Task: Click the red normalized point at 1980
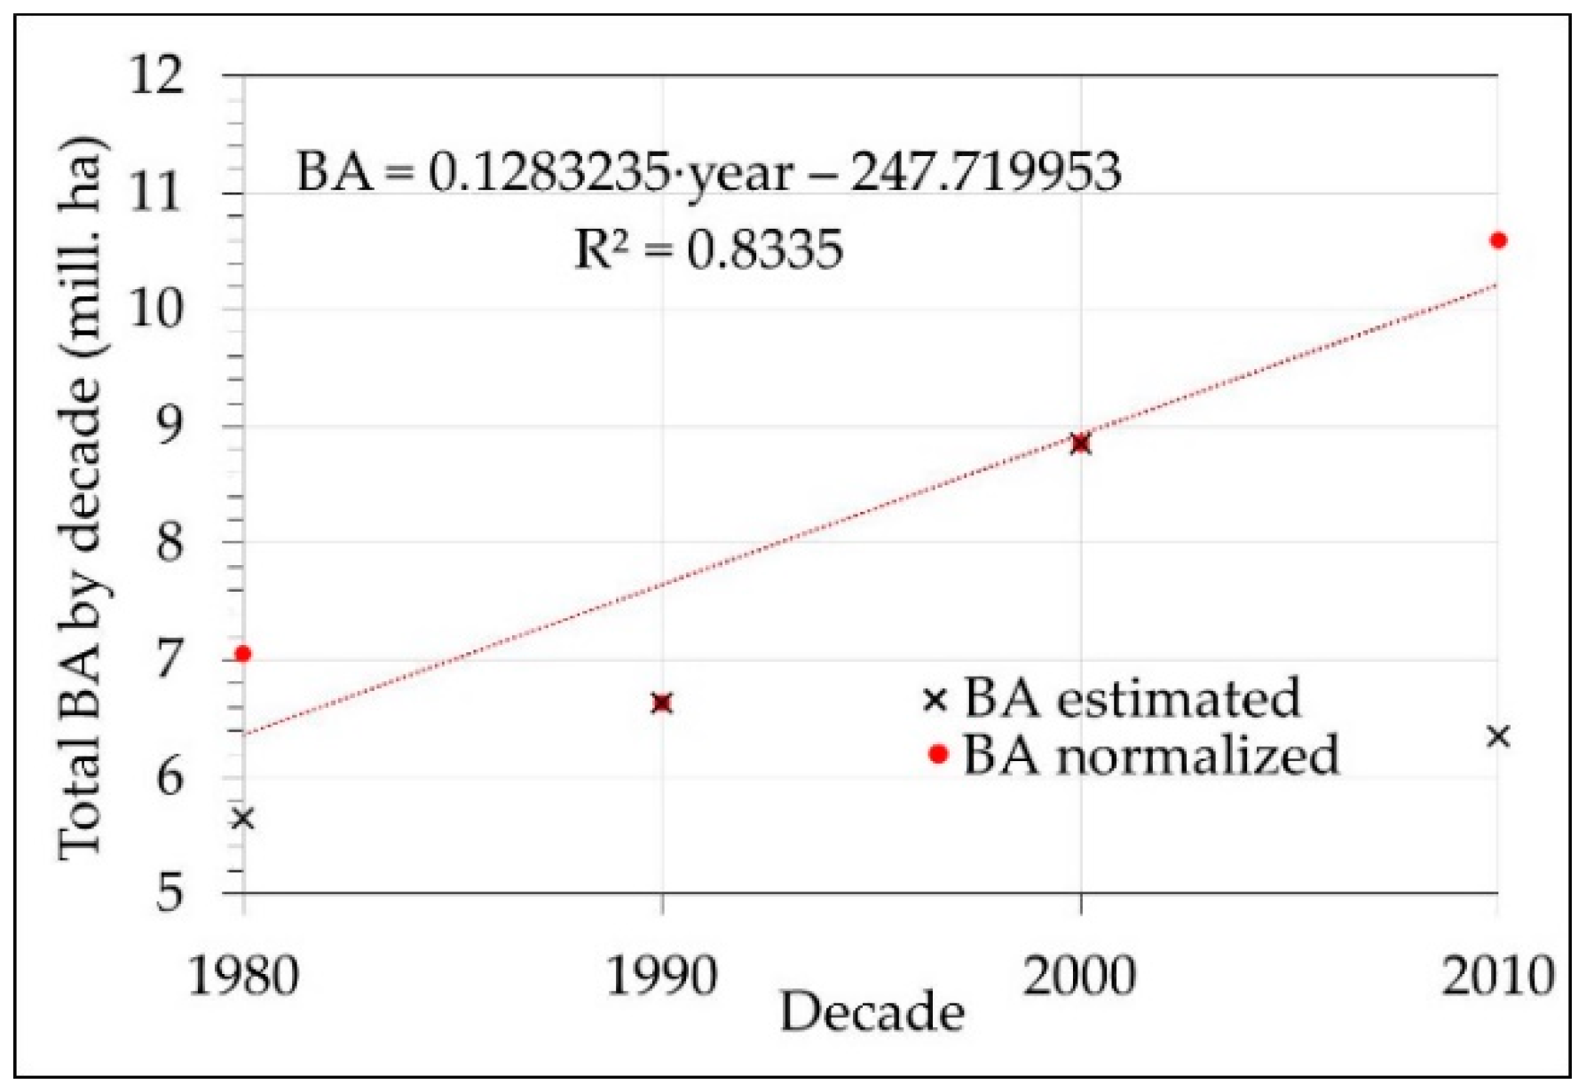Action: [242, 654]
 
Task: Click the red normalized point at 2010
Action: [1498, 240]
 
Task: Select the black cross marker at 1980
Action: [242, 818]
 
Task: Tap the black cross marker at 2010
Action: [1498, 735]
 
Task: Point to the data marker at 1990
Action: [661, 703]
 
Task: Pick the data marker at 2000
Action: [1080, 444]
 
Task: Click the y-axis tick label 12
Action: [158, 75]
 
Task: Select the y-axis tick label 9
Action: [170, 425]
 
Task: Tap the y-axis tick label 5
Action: [170, 892]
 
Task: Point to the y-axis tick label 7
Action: [170, 659]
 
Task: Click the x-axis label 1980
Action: [242, 976]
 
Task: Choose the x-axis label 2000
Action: [1079, 976]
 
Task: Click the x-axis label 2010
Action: [1496, 976]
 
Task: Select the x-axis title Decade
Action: [872, 1012]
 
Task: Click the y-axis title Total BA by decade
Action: [82, 497]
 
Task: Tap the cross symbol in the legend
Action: [935, 700]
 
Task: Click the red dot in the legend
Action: [937, 755]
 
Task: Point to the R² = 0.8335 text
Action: [708, 249]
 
